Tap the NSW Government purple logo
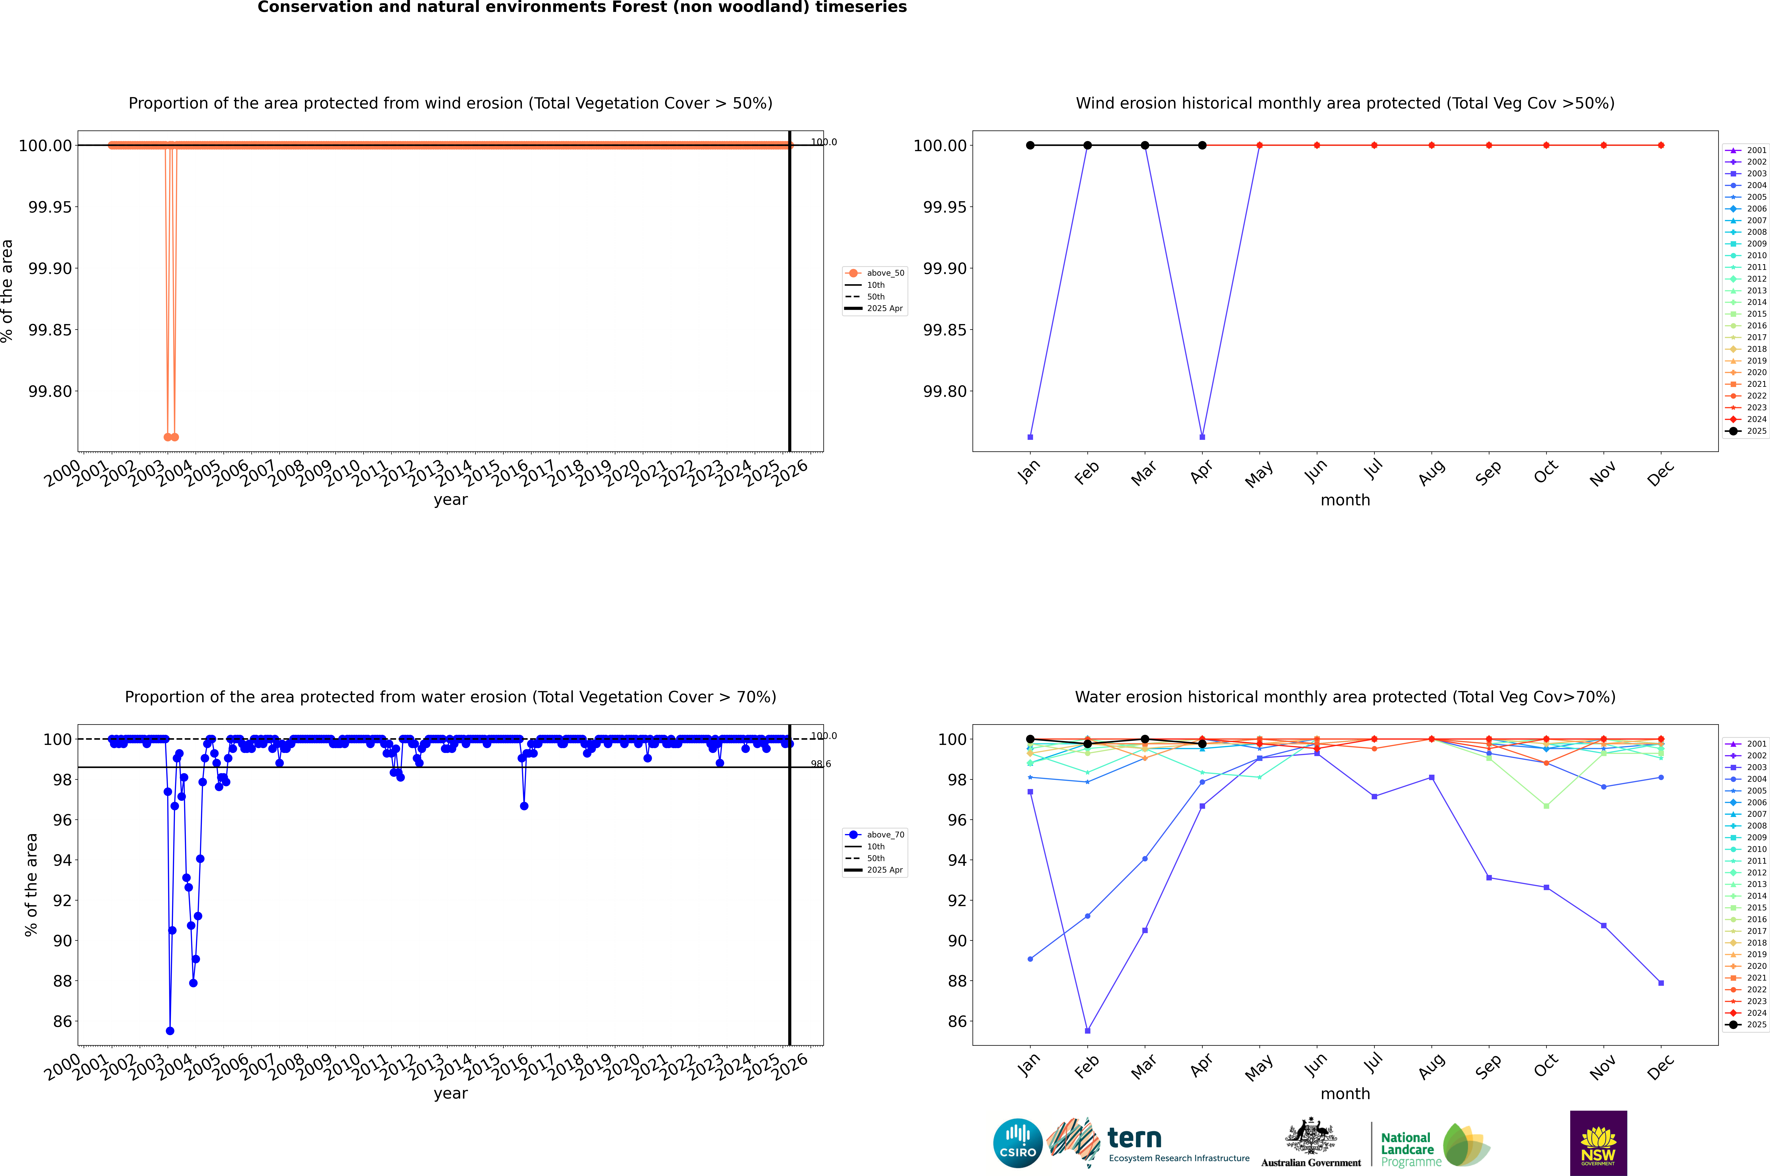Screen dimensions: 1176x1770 tap(1598, 1143)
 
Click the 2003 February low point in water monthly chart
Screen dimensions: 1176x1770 tap(1087, 1030)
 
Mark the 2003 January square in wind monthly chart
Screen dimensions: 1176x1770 tap(1030, 436)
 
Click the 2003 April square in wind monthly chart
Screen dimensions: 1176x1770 tap(1202, 436)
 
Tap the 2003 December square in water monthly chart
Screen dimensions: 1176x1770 tap(1661, 982)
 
